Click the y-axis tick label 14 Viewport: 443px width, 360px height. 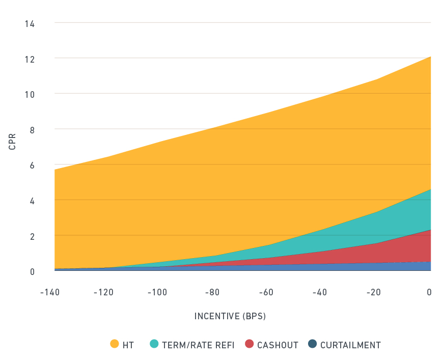30,23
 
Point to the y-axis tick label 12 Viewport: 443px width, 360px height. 30,59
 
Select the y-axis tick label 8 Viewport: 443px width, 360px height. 32,129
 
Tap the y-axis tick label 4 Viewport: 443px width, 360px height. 32,201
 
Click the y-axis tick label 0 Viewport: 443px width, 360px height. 32,271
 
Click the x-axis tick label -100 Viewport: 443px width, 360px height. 157,292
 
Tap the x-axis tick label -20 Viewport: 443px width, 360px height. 373,292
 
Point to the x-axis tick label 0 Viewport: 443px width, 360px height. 429,292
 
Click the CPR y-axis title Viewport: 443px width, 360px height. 12,142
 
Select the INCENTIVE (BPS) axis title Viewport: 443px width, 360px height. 230,316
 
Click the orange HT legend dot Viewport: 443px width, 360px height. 115,344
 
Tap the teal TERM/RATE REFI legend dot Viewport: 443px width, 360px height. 154,344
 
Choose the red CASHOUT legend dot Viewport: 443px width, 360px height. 249,344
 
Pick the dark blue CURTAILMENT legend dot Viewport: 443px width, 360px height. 312,344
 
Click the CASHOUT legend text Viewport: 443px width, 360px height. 278,345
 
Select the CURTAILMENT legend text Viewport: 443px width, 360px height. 350,345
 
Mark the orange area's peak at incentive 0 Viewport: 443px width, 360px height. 431,57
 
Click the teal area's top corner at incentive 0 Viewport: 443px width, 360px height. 431,189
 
